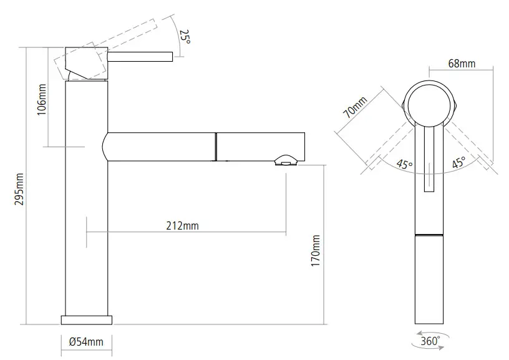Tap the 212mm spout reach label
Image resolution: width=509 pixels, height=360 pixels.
tap(183, 226)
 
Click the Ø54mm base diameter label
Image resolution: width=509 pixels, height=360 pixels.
tap(86, 341)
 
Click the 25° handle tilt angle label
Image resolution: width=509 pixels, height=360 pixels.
tap(184, 37)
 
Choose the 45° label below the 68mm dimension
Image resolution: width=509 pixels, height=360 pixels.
tap(458, 163)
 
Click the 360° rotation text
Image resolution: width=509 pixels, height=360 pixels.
tap(430, 341)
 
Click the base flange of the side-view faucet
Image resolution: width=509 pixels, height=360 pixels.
tap(86, 320)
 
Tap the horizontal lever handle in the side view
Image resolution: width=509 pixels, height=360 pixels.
tap(140, 57)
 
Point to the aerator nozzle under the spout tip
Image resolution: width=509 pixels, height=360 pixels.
tap(285, 162)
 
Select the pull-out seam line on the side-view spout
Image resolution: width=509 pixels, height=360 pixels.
tap(216, 147)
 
